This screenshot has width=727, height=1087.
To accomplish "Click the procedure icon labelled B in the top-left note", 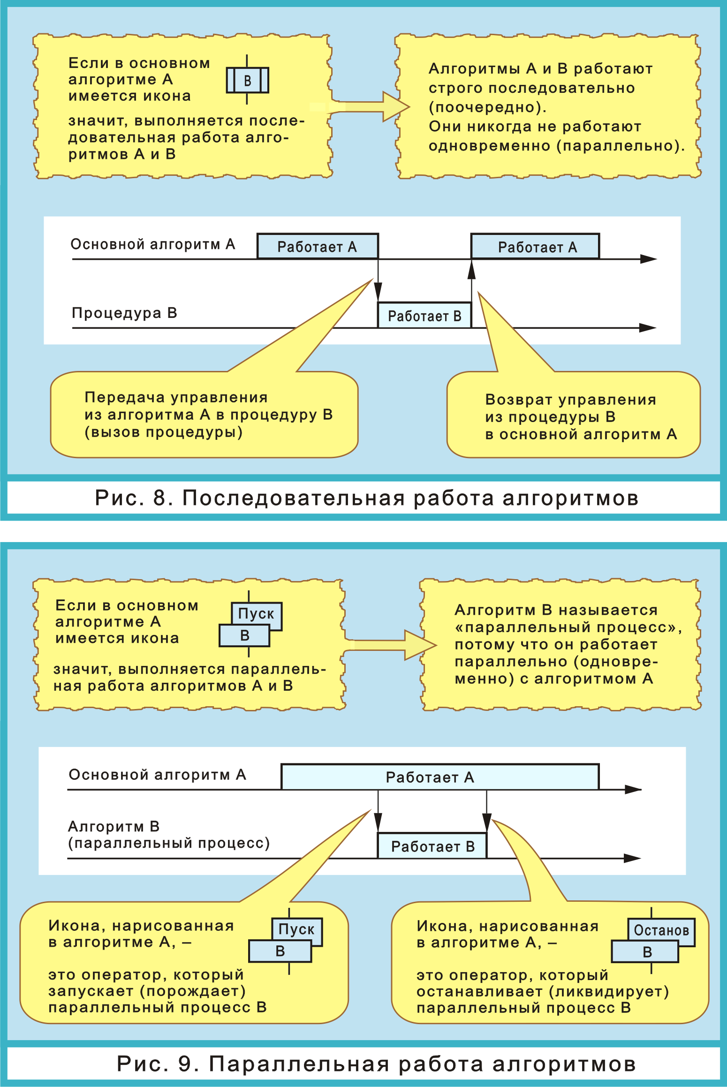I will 247,80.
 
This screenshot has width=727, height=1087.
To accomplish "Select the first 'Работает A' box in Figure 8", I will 317,247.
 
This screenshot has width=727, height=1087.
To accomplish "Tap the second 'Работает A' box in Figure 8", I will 535,247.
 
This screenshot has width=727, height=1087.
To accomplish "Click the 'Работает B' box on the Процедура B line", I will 424,316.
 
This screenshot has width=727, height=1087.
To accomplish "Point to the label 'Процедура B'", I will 124,313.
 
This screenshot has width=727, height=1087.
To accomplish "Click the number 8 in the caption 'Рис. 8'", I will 160,498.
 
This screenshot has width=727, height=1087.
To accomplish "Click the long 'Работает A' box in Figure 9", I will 439,777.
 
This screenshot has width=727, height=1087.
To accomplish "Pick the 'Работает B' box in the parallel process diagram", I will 432,846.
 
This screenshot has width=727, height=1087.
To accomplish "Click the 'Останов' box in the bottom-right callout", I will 661,930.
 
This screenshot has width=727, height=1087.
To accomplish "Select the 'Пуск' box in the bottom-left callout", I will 297,929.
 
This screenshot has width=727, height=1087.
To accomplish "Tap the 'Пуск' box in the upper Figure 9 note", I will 256,613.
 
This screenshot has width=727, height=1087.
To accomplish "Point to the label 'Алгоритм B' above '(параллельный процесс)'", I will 114,826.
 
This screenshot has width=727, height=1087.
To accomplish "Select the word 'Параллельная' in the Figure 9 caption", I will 299,1064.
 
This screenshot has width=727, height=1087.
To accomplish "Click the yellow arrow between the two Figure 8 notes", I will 371,107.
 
